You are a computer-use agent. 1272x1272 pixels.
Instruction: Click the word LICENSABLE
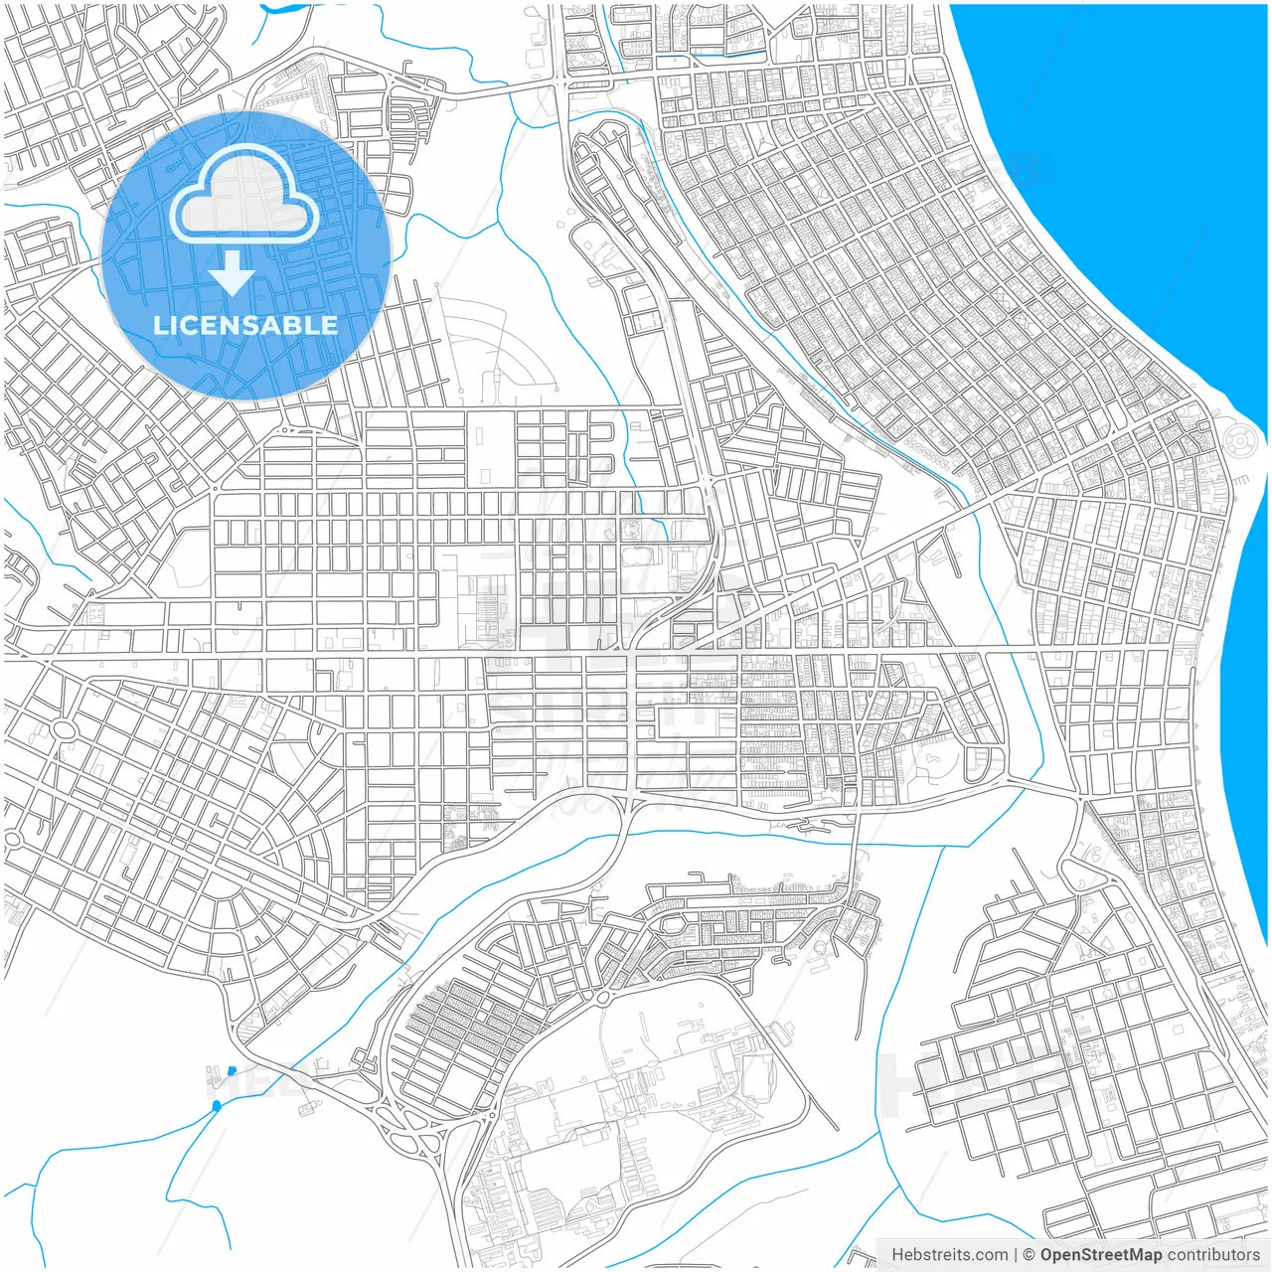pos(245,325)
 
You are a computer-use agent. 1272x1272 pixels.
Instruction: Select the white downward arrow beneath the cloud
pos(233,272)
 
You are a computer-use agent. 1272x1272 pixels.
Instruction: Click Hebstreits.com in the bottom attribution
pos(949,1255)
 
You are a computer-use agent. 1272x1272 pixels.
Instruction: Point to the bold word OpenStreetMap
pos(1100,1255)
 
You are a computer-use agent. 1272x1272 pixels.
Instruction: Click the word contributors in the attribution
pos(1213,1255)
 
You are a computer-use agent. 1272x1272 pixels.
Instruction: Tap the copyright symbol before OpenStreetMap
pos(1030,1255)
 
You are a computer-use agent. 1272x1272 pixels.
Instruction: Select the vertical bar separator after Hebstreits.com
pos(1016,1255)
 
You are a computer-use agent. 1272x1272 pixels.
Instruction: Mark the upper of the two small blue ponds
pos(232,1070)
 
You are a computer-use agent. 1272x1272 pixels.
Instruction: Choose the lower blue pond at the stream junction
pos(217,1105)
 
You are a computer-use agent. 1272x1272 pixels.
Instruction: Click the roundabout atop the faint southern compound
pos(603,997)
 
